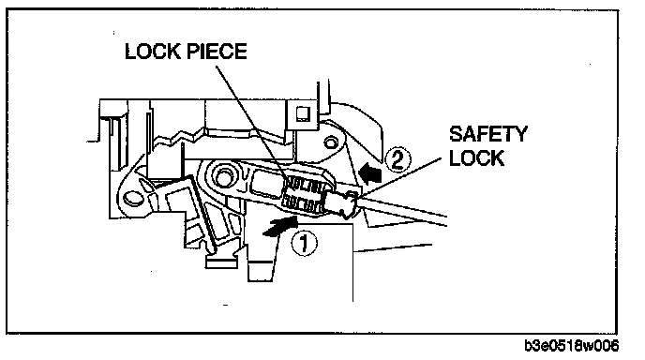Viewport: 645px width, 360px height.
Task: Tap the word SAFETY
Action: coord(487,134)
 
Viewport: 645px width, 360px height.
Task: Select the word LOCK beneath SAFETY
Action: coord(476,158)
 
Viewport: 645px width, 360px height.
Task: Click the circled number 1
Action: coord(305,243)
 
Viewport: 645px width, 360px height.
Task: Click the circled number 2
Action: coord(397,159)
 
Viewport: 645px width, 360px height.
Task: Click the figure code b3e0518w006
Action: coord(571,346)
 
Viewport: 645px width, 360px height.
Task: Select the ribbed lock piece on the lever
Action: coord(305,193)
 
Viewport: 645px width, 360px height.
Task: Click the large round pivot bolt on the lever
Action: coord(224,176)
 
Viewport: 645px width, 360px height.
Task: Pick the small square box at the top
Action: coord(303,113)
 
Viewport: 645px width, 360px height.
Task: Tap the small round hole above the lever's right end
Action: coord(330,143)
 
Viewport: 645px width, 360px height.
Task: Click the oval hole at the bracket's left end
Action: coord(131,198)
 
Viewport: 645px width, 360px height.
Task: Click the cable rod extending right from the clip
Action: coord(403,209)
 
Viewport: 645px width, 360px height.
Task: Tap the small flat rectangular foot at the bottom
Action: coord(221,262)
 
